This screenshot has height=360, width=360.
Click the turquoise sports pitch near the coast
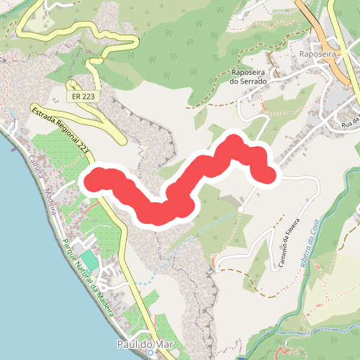tap(88, 258)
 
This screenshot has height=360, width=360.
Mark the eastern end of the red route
tap(267, 174)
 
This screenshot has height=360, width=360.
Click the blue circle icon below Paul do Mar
tap(148, 355)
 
